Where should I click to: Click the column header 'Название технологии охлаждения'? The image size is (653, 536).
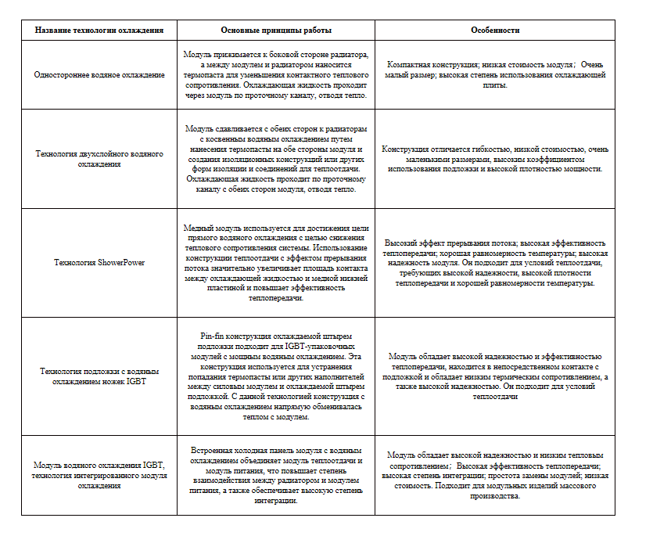click(x=99, y=30)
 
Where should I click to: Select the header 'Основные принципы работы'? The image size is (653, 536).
click(x=276, y=30)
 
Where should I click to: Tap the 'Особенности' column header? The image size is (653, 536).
click(x=495, y=30)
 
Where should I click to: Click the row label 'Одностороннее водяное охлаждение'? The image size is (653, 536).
click(x=99, y=74)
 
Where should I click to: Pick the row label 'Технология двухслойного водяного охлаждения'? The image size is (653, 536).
click(x=99, y=159)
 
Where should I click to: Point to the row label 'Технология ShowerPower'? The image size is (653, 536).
click(x=99, y=262)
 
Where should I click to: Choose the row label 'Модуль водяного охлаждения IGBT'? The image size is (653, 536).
click(x=99, y=475)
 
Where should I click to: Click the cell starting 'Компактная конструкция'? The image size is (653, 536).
click(x=495, y=74)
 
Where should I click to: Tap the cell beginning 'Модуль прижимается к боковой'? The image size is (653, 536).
click(x=276, y=74)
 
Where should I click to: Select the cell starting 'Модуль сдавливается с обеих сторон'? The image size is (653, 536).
click(x=276, y=158)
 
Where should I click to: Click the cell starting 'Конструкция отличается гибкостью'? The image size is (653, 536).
click(x=495, y=159)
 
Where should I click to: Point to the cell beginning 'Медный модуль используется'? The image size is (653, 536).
click(x=276, y=262)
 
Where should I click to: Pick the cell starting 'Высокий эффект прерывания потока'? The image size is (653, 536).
click(x=495, y=263)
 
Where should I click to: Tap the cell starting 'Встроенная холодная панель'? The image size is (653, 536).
click(x=276, y=475)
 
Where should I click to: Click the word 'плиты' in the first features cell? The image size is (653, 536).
click(x=495, y=85)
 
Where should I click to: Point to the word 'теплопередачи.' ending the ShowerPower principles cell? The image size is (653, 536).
click(x=276, y=298)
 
